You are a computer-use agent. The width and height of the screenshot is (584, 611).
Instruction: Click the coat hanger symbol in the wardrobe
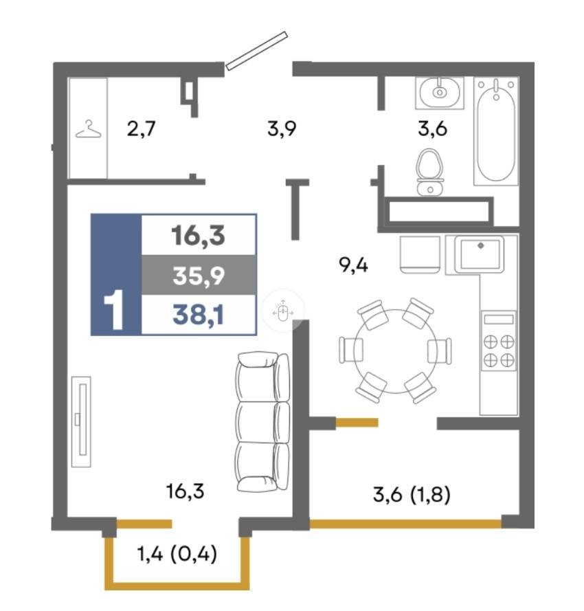coord(89,131)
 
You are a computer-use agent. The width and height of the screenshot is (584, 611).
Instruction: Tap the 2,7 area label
coord(141,129)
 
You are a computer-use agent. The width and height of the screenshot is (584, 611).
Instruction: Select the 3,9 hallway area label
coord(282,129)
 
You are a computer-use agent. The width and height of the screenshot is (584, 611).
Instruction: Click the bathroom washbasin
coord(440,92)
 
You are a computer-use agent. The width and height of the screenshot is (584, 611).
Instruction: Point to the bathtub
coord(496,131)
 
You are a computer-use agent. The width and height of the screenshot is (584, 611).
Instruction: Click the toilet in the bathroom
coord(430,172)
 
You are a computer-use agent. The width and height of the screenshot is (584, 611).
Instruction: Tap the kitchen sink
coord(480,254)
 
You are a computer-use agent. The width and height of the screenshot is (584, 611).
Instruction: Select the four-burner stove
coord(499,340)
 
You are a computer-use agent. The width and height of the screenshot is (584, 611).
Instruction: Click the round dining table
coord(396,351)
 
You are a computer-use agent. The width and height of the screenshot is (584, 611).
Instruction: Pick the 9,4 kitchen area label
coord(353,266)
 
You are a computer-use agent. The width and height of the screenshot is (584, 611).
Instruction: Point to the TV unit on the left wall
coord(82,421)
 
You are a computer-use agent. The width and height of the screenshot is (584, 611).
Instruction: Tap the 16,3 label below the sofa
coord(185,492)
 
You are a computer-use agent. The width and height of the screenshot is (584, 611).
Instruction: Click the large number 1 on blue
coord(114,310)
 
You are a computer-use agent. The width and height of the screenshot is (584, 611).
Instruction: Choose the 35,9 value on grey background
coord(199,276)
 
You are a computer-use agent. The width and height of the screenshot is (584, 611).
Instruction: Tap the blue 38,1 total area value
coord(199,315)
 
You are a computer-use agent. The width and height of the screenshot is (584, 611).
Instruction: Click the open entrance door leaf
coord(256,51)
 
